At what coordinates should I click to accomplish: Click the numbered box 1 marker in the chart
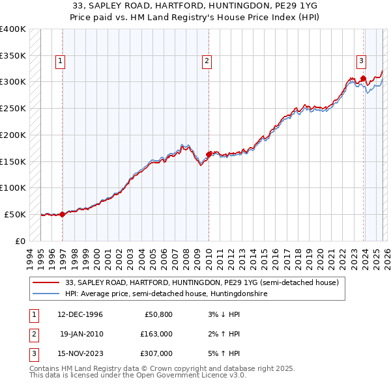point(60,61)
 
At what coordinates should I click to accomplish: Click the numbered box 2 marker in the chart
point(207,61)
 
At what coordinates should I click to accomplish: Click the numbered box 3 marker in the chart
point(361,61)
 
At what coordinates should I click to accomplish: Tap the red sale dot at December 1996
point(63,213)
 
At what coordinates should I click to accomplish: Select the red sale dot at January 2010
point(209,154)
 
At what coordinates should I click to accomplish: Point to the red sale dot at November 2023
point(363,78)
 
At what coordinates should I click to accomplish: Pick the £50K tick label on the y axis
point(15,214)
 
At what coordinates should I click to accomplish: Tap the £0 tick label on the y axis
point(20,241)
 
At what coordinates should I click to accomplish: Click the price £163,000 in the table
point(156,334)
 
